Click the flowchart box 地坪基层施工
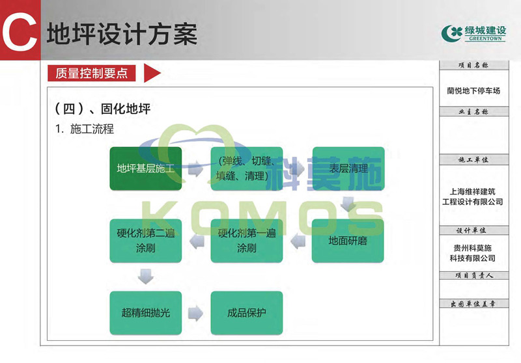pos(145,168)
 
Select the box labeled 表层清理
pos(348,168)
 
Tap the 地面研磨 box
pos(348,241)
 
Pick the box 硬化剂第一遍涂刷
pos(247,241)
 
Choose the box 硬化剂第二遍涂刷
pos(145,241)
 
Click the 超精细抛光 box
pos(145,313)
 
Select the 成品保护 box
pos(247,313)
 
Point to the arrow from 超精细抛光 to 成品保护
pos(195,313)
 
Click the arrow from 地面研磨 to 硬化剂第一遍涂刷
pos(298,241)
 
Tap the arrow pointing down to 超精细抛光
pos(146,277)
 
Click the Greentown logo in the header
pos(473,33)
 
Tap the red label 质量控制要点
pos(92,74)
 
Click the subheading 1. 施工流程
pos(85,129)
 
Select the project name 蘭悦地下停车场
pos(473,91)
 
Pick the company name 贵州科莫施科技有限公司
pos(473,253)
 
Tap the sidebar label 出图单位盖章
pos(473,304)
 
